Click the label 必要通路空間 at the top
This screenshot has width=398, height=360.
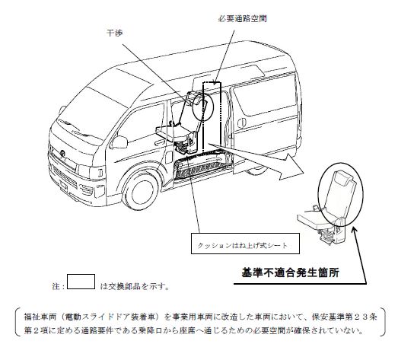tap(243, 19)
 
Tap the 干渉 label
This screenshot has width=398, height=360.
tap(115, 33)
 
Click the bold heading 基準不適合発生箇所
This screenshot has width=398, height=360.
tap(291, 272)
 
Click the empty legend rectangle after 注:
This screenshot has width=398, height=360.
tap(81, 282)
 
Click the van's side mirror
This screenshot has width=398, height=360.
tap(119, 142)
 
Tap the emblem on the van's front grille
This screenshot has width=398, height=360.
tap(62, 153)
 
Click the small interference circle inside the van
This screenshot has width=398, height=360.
tap(203, 107)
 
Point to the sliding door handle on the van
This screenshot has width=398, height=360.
tap(242, 123)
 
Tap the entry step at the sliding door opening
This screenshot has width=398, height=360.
tap(201, 167)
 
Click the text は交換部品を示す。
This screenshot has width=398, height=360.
tap(135, 286)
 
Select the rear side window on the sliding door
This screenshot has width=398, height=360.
tap(264, 95)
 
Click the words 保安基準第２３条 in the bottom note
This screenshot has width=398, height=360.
tap(344, 317)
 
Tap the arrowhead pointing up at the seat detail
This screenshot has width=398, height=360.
tap(355, 230)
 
